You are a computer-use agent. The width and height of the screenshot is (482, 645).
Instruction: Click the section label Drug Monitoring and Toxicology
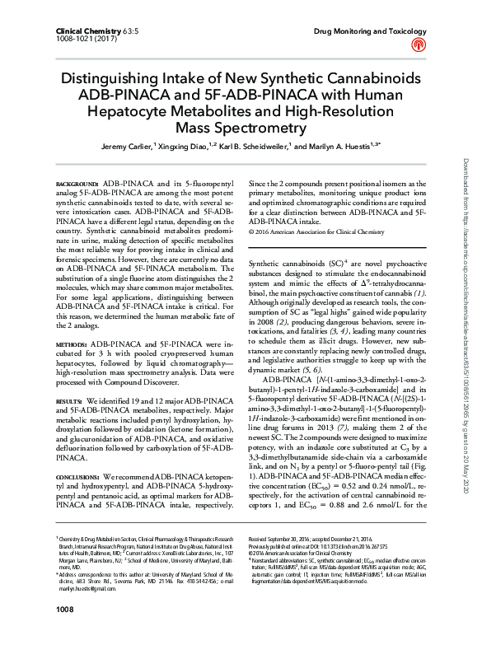point(370,30)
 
